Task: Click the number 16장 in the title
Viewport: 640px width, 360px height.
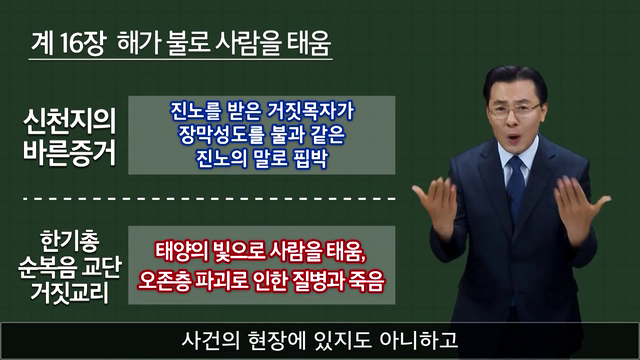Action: pyautogui.click(x=83, y=43)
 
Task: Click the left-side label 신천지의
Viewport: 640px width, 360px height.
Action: pyautogui.click(x=70, y=122)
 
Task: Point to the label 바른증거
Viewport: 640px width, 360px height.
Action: pyautogui.click(x=69, y=153)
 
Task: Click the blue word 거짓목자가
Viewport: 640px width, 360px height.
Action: pyautogui.click(x=310, y=111)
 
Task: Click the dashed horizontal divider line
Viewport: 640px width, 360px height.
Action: pyautogui.click(x=209, y=199)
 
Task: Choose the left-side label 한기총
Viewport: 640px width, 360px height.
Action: pyautogui.click(x=70, y=241)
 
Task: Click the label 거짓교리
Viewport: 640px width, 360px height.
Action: pyautogui.click(x=70, y=292)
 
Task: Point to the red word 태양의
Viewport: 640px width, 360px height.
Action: pyautogui.click(x=179, y=251)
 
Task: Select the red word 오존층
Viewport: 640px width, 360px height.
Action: pyautogui.click(x=164, y=281)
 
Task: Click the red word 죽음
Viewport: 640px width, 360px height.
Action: pyautogui.click(x=368, y=281)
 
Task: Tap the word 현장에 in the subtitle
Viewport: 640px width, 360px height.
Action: pyautogui.click(x=277, y=341)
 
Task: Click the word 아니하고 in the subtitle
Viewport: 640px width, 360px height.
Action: pyautogui.click(x=419, y=341)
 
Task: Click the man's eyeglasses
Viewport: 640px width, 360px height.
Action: pyautogui.click(x=515, y=110)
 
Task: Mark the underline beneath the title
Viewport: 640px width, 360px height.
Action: pyautogui.click(x=180, y=60)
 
